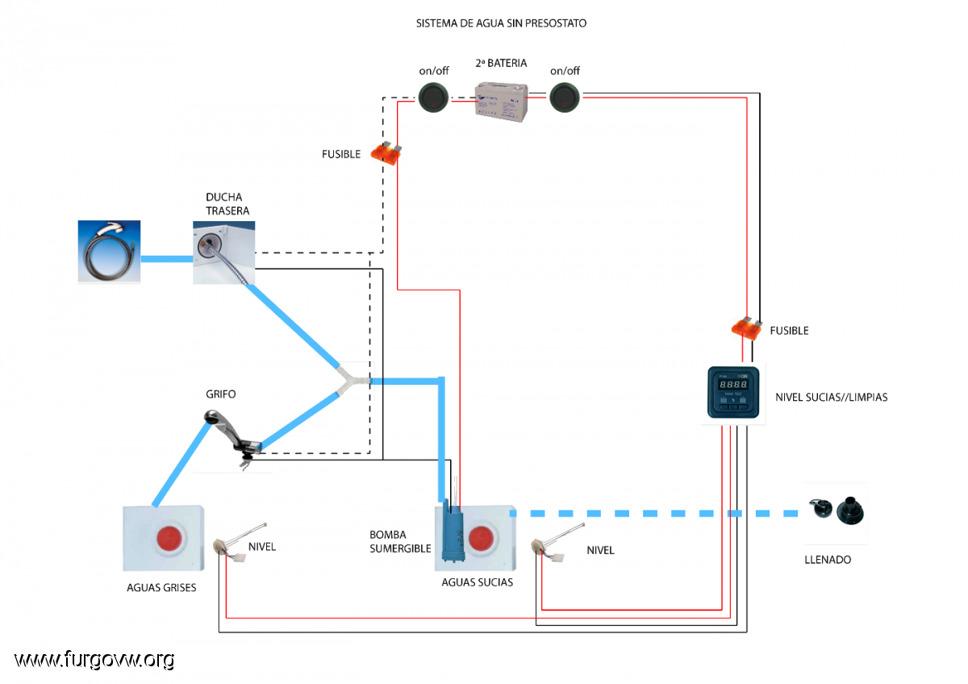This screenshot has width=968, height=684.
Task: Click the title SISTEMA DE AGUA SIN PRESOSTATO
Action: [x=501, y=23]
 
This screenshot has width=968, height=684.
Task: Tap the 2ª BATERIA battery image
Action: [x=500, y=102]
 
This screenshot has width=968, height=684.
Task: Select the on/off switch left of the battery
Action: [x=433, y=98]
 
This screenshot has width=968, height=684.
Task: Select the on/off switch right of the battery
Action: [x=565, y=98]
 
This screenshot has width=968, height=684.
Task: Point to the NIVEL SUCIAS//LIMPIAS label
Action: [x=831, y=398]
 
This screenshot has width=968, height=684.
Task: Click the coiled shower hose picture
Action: [x=109, y=251]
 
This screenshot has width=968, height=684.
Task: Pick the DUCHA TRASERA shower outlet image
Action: [x=223, y=253]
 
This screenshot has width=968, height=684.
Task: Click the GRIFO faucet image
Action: [x=236, y=436]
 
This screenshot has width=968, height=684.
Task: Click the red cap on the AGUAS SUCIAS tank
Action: [x=482, y=538]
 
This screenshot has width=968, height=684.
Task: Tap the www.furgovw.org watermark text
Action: [x=94, y=660]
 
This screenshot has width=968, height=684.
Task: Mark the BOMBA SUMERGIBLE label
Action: [x=399, y=541]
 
